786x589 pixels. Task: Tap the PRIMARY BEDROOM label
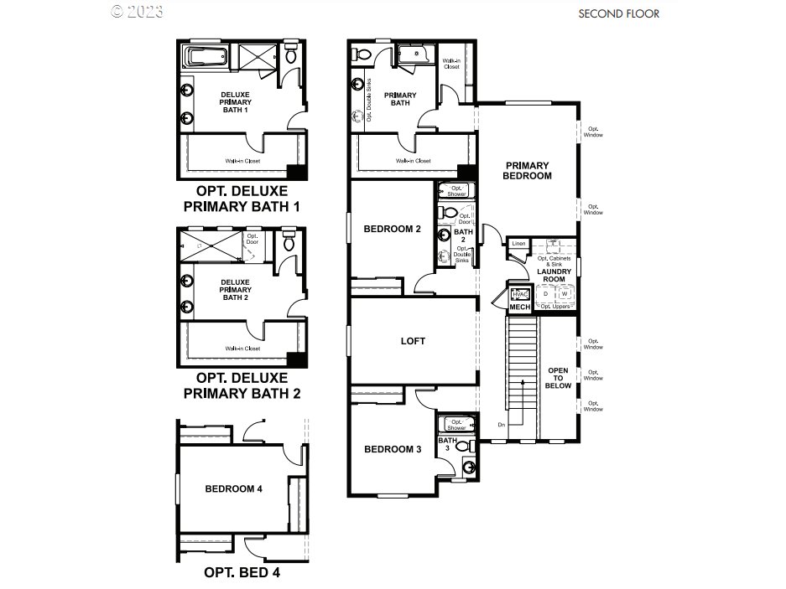click(527, 171)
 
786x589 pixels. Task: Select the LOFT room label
click(413, 341)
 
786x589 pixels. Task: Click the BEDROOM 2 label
click(392, 229)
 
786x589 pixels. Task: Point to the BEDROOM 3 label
click(392, 450)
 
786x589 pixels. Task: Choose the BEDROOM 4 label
click(234, 488)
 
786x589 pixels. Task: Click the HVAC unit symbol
click(519, 294)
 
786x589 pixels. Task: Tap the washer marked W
click(565, 294)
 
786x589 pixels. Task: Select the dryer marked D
click(546, 294)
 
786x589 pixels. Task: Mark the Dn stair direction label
click(502, 424)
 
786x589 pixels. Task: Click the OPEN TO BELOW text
click(559, 378)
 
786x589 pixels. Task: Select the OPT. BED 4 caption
click(242, 574)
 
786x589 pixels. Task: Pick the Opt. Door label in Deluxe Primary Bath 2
click(252, 240)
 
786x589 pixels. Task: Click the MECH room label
click(520, 307)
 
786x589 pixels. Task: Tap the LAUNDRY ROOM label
click(554, 276)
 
